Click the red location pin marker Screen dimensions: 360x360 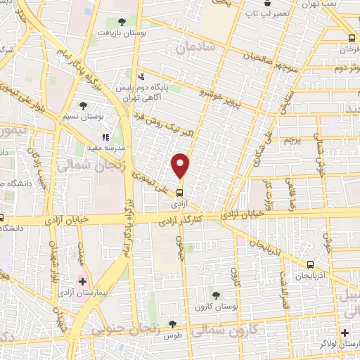181,165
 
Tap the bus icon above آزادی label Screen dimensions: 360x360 181,191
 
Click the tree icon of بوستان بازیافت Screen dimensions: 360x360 123,22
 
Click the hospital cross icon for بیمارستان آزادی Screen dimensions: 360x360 83,281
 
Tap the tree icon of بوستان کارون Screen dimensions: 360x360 215,295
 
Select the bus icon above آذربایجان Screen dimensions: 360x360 310,264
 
